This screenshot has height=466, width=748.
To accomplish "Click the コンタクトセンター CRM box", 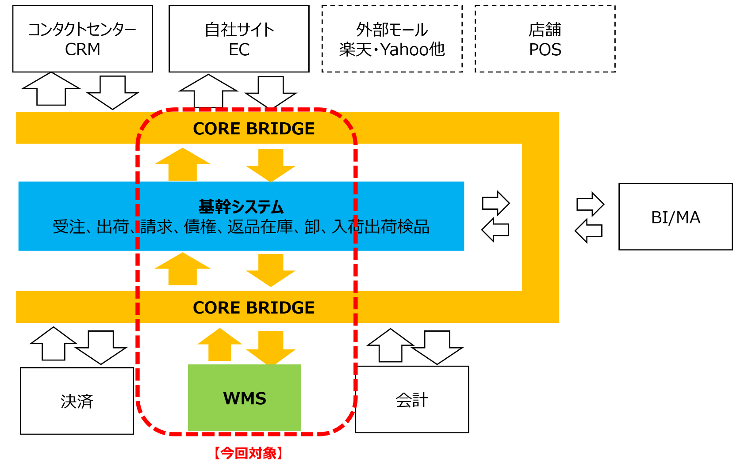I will pyautogui.click(x=83, y=39).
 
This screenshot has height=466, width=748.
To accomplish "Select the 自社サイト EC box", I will pyautogui.click(x=239, y=39).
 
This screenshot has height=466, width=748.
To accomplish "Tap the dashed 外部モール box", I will pyautogui.click(x=392, y=39).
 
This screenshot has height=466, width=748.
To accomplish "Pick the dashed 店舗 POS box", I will pyautogui.click(x=545, y=39).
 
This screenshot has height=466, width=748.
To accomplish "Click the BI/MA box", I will pyautogui.click(x=675, y=217).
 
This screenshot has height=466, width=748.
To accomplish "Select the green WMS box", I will pyautogui.click(x=245, y=398).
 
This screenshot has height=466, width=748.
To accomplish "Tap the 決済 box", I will pyautogui.click(x=77, y=401).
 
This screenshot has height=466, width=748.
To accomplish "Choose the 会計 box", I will pyautogui.click(x=412, y=400).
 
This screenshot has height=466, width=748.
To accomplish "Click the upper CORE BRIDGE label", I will pyautogui.click(x=254, y=129).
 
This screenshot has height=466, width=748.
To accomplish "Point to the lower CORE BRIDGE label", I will pyautogui.click(x=254, y=307).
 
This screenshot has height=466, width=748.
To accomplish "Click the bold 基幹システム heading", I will pyautogui.click(x=241, y=207).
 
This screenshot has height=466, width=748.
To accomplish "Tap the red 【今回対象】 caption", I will pyautogui.click(x=248, y=453).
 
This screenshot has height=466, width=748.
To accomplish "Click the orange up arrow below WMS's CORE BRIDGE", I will pyautogui.click(x=220, y=345).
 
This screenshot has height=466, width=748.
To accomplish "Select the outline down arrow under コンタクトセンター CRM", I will pyautogui.click(x=112, y=92).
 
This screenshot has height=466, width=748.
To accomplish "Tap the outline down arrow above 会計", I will pyautogui.click(x=437, y=347).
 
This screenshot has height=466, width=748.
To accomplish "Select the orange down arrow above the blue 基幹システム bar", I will pyautogui.click(x=271, y=165).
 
